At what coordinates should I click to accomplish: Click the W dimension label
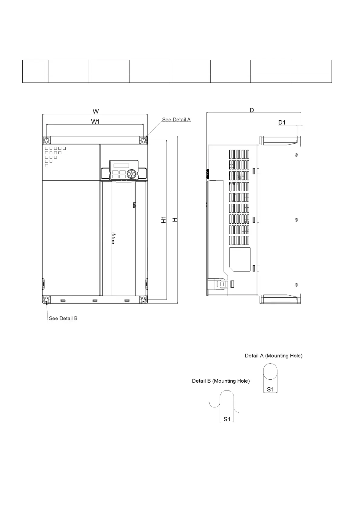click(96, 111)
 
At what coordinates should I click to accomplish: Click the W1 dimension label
click(95, 122)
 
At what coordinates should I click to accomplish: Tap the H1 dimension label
click(164, 220)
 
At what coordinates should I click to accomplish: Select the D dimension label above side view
click(252, 110)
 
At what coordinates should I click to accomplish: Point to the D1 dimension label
click(282, 122)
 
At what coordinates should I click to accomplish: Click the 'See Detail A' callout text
click(176, 120)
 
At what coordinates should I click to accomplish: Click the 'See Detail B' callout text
click(63, 318)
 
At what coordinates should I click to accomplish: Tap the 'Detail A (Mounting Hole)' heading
click(273, 356)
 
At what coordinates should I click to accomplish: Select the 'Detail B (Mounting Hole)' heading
click(221, 381)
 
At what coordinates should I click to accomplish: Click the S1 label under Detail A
click(270, 389)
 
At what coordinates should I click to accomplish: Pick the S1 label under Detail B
click(227, 419)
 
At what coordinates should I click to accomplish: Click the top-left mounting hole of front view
click(46, 140)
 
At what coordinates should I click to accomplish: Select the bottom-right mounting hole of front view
click(143, 300)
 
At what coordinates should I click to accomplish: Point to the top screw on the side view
click(296, 155)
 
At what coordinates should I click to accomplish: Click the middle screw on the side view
click(296, 220)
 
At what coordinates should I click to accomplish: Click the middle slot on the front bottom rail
click(95, 300)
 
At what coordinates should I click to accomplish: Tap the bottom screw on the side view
click(296, 284)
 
